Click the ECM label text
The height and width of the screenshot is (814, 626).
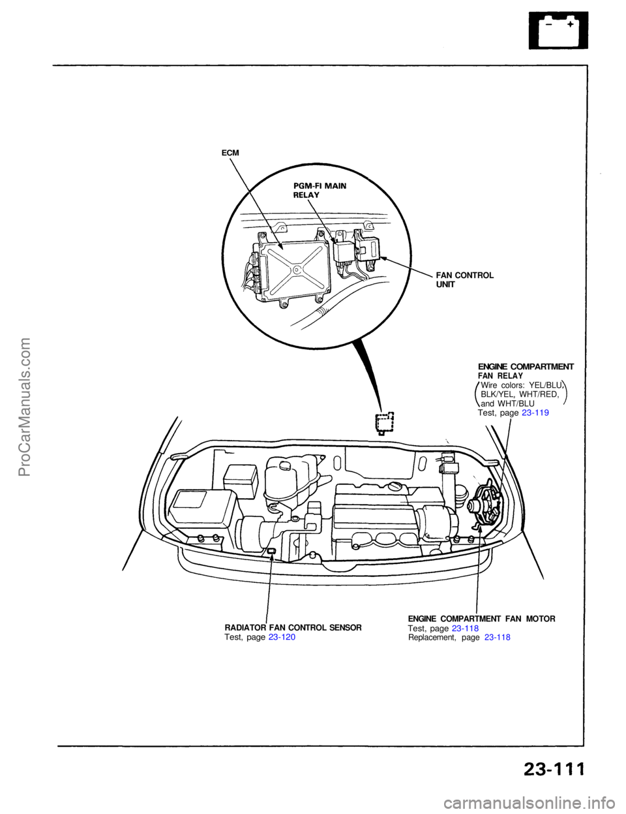click(230, 153)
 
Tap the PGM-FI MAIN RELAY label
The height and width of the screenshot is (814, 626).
click(320, 191)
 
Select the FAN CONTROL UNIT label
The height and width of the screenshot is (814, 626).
click(464, 280)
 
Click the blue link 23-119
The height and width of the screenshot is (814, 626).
click(535, 413)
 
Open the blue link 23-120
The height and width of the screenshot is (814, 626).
click(281, 636)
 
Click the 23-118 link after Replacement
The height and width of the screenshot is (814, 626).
click(497, 636)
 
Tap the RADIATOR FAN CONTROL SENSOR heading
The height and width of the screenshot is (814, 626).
click(293, 627)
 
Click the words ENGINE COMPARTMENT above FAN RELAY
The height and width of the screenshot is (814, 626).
click(526, 367)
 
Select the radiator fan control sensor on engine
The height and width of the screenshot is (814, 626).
click(271, 552)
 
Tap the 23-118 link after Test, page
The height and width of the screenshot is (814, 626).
click(465, 627)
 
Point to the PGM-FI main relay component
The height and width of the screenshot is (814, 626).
click(344, 252)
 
